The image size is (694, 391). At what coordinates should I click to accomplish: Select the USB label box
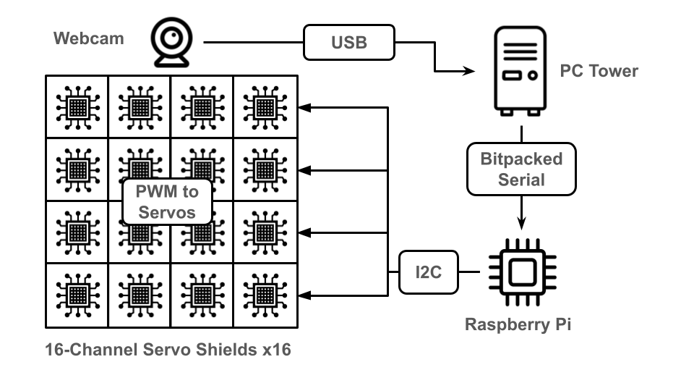point(349,43)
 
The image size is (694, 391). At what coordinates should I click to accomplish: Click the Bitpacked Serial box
point(521,169)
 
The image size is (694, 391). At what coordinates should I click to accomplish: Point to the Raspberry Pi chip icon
point(522,273)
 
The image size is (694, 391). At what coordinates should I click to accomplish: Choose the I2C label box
point(428,273)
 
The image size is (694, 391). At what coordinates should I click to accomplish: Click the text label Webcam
point(89,38)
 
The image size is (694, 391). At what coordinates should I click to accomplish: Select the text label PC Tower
point(599,71)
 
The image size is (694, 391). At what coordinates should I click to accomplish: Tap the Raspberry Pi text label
point(518,324)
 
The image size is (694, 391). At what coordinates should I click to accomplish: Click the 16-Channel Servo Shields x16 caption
point(168,350)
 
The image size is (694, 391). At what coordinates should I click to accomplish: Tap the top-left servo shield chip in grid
point(77,108)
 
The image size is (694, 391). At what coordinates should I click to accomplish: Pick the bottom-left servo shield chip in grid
point(77,295)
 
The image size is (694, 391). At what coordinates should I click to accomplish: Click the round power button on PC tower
point(533,75)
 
